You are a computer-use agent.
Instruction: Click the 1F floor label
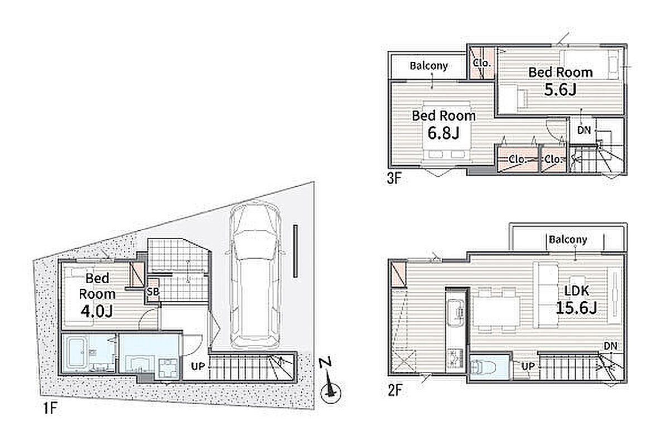click(50, 408)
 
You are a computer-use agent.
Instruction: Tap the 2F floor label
click(394, 390)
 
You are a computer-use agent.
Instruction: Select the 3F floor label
click(394, 179)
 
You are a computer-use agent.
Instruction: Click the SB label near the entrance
click(153, 292)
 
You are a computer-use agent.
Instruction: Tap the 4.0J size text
click(97, 312)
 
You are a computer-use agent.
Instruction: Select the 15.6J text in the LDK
click(576, 308)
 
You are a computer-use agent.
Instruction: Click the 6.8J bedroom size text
click(443, 133)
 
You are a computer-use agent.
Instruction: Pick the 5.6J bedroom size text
click(560, 90)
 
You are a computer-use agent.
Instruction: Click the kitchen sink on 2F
click(455, 313)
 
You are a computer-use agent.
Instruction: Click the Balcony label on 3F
click(429, 66)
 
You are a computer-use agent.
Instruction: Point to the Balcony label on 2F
click(568, 240)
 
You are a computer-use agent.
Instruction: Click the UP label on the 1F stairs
click(197, 367)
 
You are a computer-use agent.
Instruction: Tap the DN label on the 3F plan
click(584, 130)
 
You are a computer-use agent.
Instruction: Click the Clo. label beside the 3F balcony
click(483, 63)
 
